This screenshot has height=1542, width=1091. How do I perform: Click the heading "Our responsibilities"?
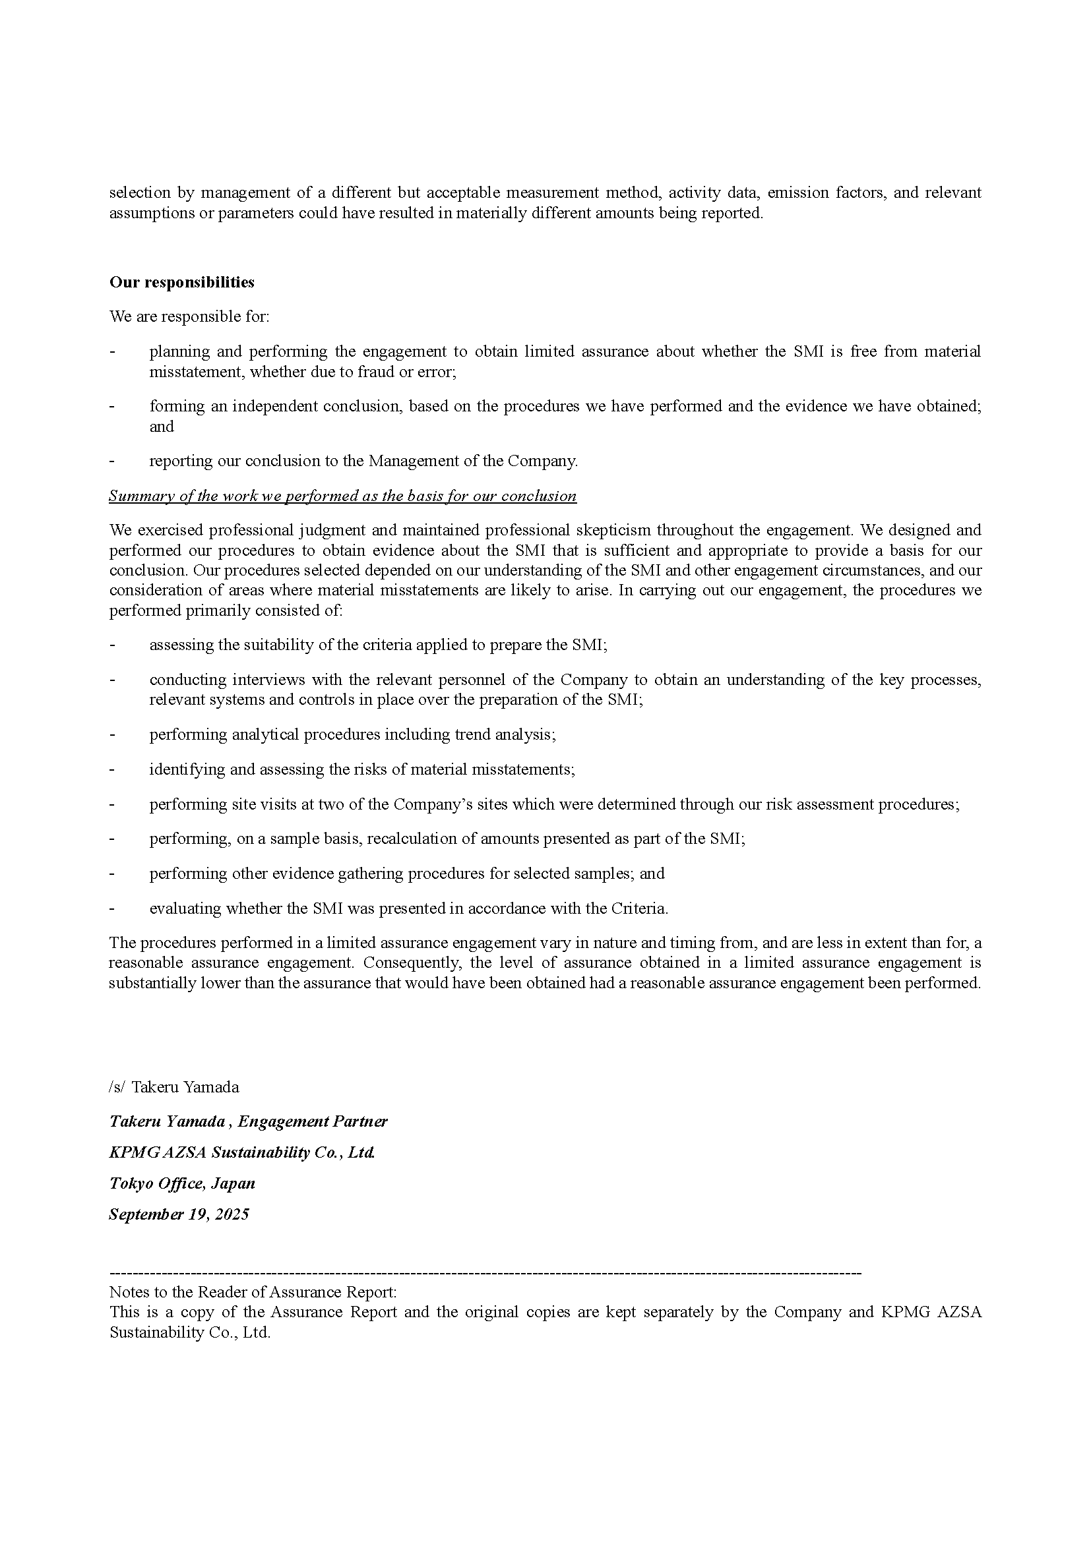click(181, 282)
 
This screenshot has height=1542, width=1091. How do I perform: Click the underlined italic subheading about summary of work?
click(342, 496)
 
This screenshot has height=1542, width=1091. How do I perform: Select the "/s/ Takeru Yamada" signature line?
click(174, 1086)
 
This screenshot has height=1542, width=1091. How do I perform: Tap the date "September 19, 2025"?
click(179, 1214)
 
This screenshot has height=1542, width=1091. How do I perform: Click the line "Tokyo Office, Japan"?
click(182, 1183)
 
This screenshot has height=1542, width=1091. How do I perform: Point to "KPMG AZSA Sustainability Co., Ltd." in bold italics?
click(242, 1152)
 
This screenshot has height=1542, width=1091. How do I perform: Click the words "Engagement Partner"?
click(313, 1121)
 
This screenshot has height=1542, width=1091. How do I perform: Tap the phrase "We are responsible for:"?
click(189, 316)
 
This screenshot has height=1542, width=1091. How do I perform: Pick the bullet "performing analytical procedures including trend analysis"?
click(352, 734)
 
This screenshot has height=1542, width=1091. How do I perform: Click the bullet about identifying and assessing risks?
click(361, 769)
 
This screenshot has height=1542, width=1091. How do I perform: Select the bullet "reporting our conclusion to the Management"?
click(363, 461)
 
